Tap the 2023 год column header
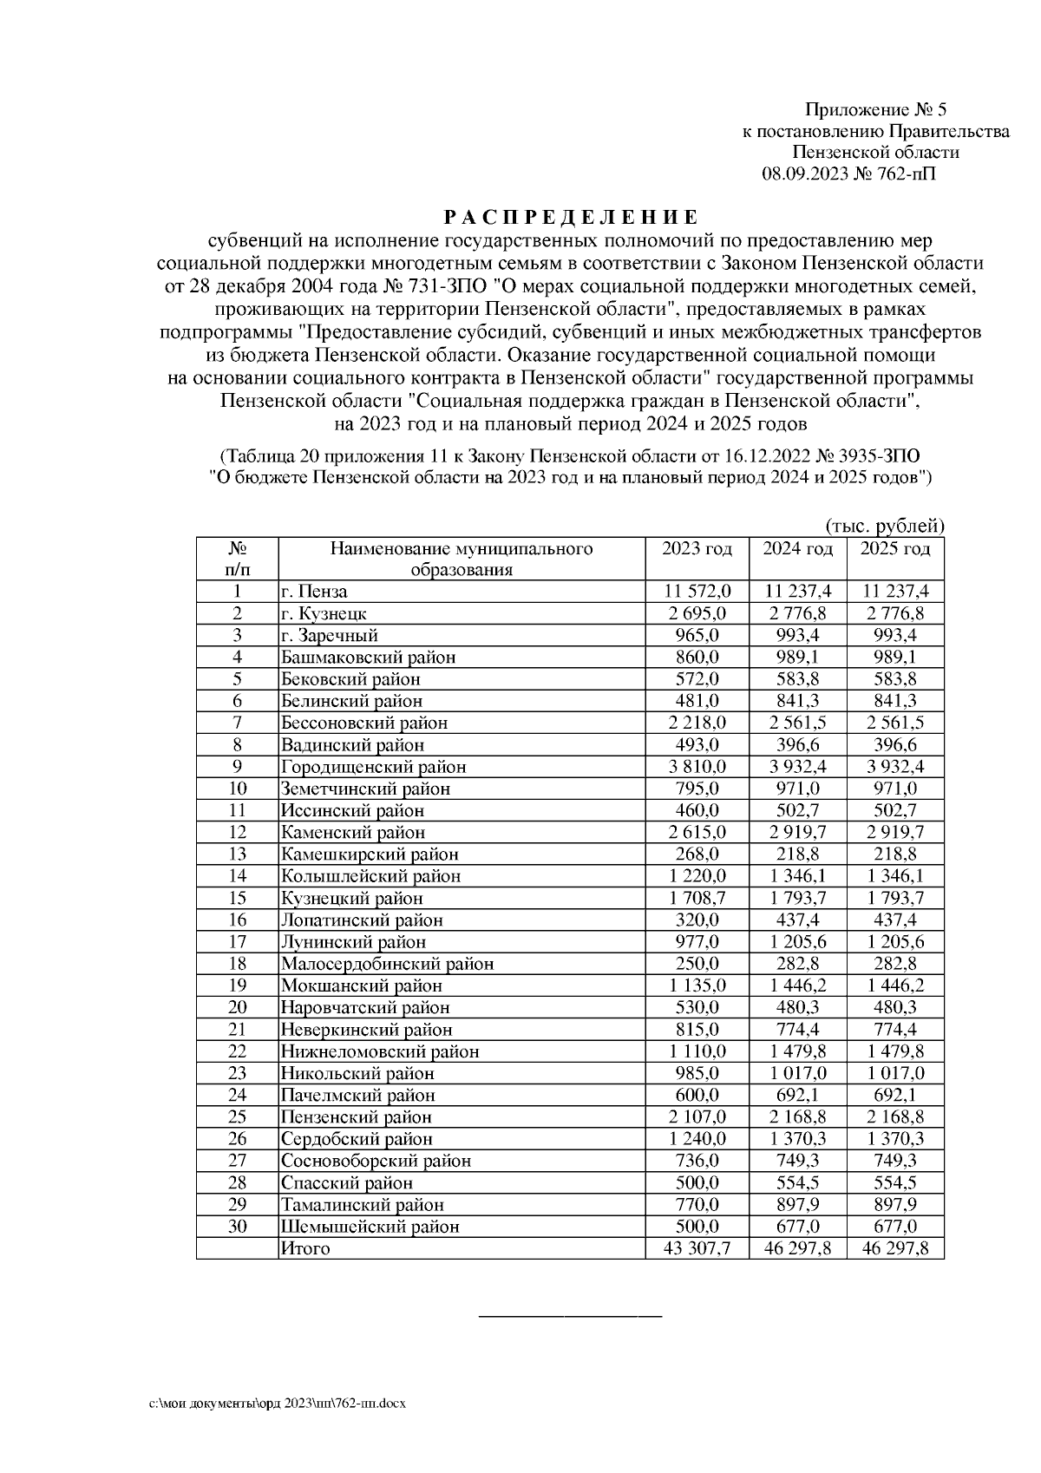(x=697, y=549)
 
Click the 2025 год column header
(x=894, y=549)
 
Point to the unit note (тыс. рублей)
(x=884, y=526)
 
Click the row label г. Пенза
(x=314, y=592)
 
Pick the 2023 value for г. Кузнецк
(x=697, y=613)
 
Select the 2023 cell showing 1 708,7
(x=697, y=898)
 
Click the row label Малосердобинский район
(x=387, y=964)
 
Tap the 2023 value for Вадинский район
(x=697, y=744)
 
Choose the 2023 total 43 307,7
(x=697, y=1248)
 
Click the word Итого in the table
(x=304, y=1248)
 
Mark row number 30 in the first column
(x=237, y=1227)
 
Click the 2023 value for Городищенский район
(x=697, y=767)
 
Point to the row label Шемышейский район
(x=370, y=1227)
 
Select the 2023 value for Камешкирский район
(x=697, y=854)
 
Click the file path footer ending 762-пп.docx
(x=278, y=1403)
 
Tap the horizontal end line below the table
(x=570, y=1317)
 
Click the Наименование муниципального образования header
(x=461, y=559)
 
